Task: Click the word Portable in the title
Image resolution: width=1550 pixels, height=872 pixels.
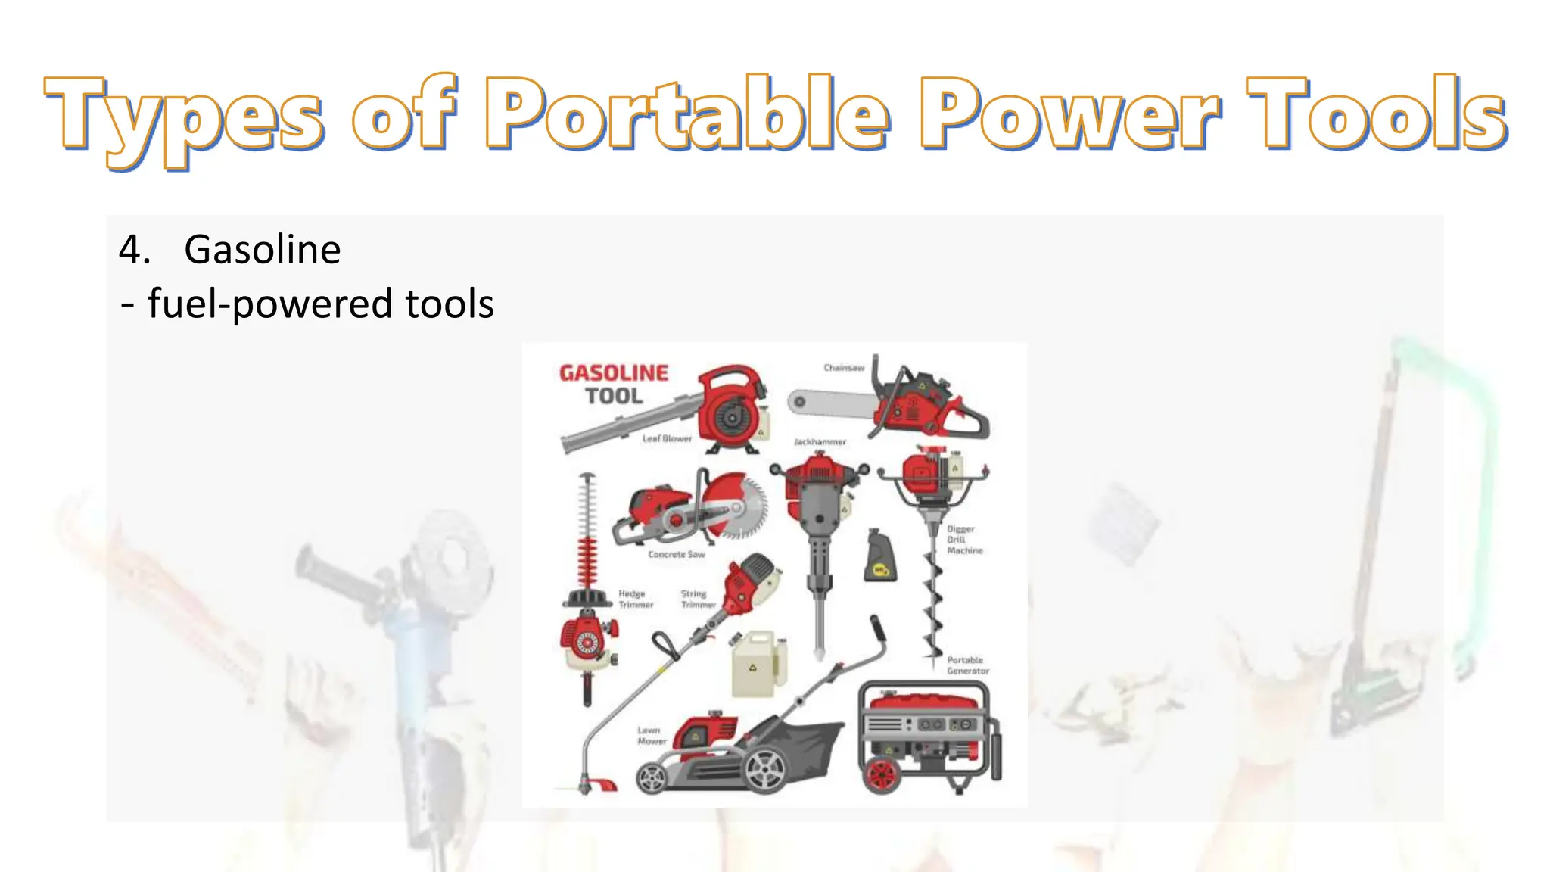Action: tap(686, 114)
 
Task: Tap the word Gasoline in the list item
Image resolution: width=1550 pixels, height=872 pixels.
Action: tap(262, 249)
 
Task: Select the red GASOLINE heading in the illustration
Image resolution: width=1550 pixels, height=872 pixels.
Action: tap(614, 373)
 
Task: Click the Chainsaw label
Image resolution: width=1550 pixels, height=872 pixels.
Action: tap(844, 368)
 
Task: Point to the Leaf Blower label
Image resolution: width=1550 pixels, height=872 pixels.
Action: tap(667, 438)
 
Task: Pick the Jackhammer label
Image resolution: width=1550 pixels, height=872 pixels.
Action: tap(820, 441)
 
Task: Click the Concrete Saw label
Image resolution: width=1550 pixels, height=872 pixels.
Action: tap(677, 554)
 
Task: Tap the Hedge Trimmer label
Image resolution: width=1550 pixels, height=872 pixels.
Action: tap(635, 599)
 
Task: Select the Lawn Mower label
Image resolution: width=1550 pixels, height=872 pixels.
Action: tap(652, 736)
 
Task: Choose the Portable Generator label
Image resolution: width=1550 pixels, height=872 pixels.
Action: tap(967, 665)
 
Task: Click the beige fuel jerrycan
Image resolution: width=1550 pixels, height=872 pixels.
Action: tap(757, 664)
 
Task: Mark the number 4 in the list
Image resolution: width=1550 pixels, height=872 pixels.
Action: tap(133, 249)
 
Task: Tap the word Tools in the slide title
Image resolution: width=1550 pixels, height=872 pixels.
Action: tap(1376, 114)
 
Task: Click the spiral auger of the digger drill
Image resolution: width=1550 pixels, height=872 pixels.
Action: tap(933, 606)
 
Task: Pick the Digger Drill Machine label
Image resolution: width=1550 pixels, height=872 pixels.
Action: tap(964, 540)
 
